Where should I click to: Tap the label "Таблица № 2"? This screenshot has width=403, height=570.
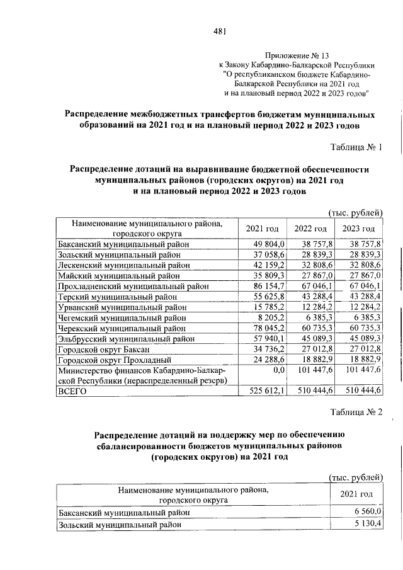pos(356,412)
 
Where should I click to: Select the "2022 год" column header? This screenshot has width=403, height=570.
pos(310,229)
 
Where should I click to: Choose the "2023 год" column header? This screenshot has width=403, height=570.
pos(358,229)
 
